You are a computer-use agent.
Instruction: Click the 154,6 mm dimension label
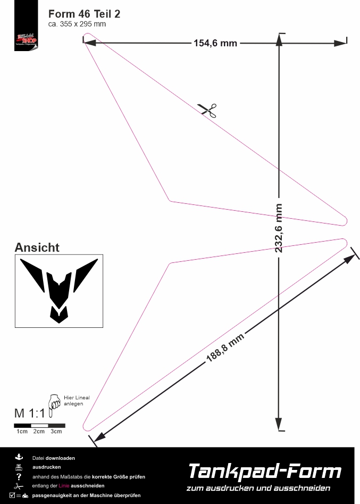(x=215, y=43)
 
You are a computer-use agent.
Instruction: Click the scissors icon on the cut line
(x=208, y=110)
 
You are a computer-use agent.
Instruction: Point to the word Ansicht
(x=37, y=247)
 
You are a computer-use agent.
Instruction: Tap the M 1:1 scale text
(x=30, y=413)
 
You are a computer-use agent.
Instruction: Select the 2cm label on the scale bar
(x=39, y=431)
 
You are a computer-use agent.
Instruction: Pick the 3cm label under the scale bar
(x=56, y=431)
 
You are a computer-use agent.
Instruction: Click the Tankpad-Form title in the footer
(x=264, y=472)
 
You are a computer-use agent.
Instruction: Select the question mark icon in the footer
(x=19, y=476)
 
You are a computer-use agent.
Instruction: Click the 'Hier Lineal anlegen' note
(x=76, y=401)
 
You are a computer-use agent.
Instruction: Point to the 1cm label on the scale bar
(x=22, y=431)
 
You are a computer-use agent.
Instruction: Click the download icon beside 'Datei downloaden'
(x=19, y=457)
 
